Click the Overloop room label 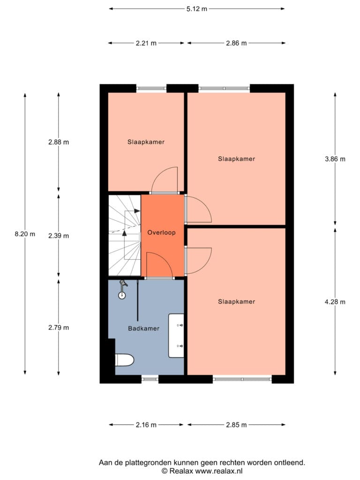[x=161, y=232]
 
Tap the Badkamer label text [x=143, y=329]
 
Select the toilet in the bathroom [x=124, y=360]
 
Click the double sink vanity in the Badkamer [x=176, y=336]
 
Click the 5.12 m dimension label [x=197, y=9]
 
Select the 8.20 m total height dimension [x=25, y=234]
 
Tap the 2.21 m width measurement [x=146, y=43]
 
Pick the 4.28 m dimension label [x=335, y=302]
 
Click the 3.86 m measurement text [x=335, y=159]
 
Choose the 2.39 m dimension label [x=59, y=236]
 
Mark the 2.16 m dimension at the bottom [x=146, y=425]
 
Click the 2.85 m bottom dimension [x=236, y=425]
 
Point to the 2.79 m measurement [x=59, y=328]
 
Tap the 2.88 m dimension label [x=59, y=142]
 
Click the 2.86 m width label [x=236, y=43]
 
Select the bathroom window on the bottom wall [x=150, y=379]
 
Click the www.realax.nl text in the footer [x=219, y=471]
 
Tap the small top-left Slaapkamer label [x=146, y=142]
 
